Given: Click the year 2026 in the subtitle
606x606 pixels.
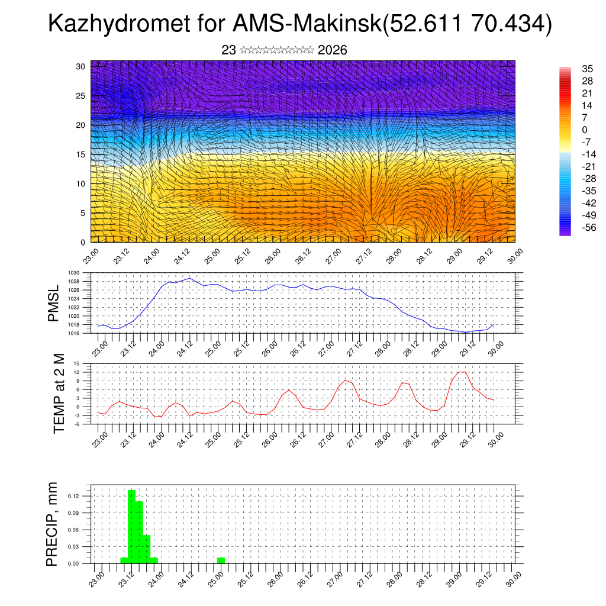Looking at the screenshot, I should (332, 50).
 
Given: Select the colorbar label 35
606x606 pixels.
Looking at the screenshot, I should (588, 69).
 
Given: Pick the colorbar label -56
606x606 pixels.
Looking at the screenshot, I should (588, 227).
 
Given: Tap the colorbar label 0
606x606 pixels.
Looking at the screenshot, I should (585, 130).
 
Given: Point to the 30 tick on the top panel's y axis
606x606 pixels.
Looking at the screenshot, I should (82, 66).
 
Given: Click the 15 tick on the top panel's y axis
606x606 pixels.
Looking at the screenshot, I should (82, 154).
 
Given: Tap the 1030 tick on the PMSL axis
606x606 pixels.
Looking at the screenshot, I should (83, 273).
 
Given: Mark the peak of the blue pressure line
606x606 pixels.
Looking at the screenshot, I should (189, 278).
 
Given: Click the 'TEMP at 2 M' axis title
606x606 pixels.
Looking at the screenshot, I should (59, 391).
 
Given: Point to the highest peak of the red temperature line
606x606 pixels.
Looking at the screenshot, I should (462, 372).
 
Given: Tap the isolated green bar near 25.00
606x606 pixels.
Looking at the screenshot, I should (221, 560).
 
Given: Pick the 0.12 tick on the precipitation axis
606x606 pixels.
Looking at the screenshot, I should (82, 495).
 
